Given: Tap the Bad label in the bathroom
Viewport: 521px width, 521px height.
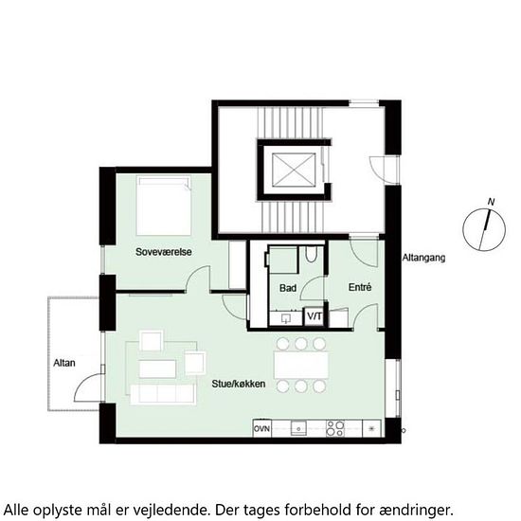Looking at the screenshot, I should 288,287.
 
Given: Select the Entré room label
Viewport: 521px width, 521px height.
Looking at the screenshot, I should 359,287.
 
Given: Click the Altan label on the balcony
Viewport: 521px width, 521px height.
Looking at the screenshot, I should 64,363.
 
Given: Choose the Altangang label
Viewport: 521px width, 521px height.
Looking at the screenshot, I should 423,257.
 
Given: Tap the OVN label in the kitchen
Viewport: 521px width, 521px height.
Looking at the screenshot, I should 262,429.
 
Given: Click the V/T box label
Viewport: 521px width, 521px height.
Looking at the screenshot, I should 314,315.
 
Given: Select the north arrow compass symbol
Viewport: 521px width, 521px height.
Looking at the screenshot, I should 481,230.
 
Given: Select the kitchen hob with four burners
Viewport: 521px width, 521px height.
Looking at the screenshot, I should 337,428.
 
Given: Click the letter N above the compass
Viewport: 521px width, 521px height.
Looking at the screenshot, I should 490,201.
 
